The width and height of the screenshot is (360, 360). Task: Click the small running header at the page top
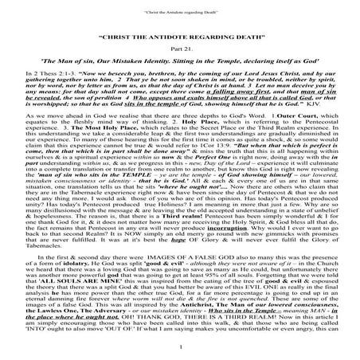pyautogui.click(x=180, y=10)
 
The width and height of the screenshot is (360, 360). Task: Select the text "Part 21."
pyautogui.click(x=180, y=49)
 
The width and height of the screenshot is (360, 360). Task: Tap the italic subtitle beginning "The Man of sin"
pyautogui.click(x=180, y=63)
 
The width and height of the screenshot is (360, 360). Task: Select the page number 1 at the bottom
pyautogui.click(x=180, y=355)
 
